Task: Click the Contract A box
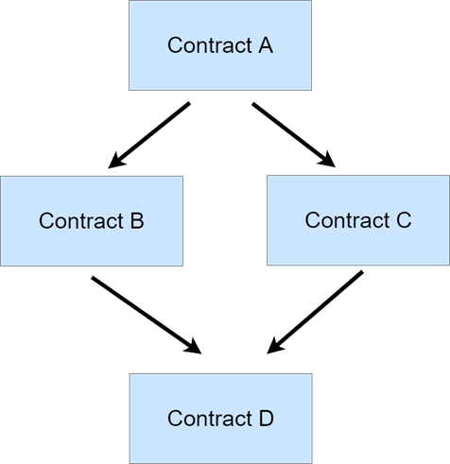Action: [220, 45]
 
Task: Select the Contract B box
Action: [92, 221]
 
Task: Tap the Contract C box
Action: [358, 220]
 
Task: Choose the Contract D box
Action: [221, 419]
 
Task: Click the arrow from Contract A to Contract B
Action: [149, 135]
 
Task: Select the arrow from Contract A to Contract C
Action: [293, 134]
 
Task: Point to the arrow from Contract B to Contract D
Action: [147, 315]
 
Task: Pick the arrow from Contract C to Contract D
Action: [315, 312]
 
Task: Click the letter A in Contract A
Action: [266, 45]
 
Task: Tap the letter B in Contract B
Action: [137, 221]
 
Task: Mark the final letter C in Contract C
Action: [404, 220]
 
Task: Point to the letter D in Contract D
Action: [267, 419]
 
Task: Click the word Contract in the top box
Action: [210, 45]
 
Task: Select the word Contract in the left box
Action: [81, 221]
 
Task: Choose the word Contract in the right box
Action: [348, 220]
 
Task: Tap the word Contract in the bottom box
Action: [210, 419]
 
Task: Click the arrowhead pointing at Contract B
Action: [115, 161]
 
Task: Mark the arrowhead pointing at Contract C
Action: [327, 160]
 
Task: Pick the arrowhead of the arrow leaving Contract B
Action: [194, 347]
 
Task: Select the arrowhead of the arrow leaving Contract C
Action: [274, 347]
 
